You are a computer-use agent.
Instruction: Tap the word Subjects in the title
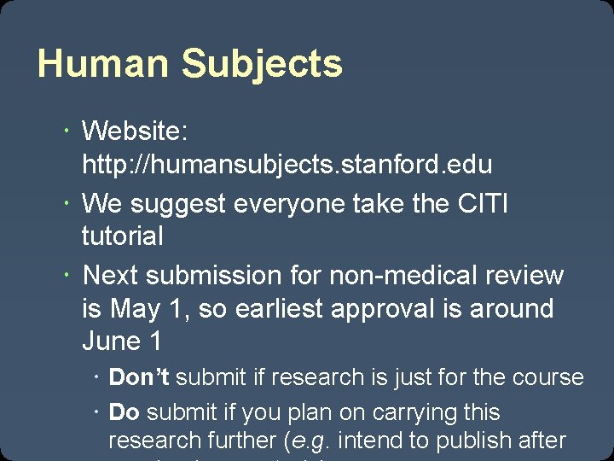[x=262, y=65]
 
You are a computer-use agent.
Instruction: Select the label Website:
[x=135, y=131]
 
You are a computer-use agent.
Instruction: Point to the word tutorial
[x=122, y=236]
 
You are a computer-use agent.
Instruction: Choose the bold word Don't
[x=140, y=377]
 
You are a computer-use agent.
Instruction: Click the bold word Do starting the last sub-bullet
[x=125, y=412]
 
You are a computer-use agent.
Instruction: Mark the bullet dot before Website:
[x=67, y=131]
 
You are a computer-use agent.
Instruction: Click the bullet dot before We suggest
[x=67, y=204]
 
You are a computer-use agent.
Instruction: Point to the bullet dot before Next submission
[x=67, y=276]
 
